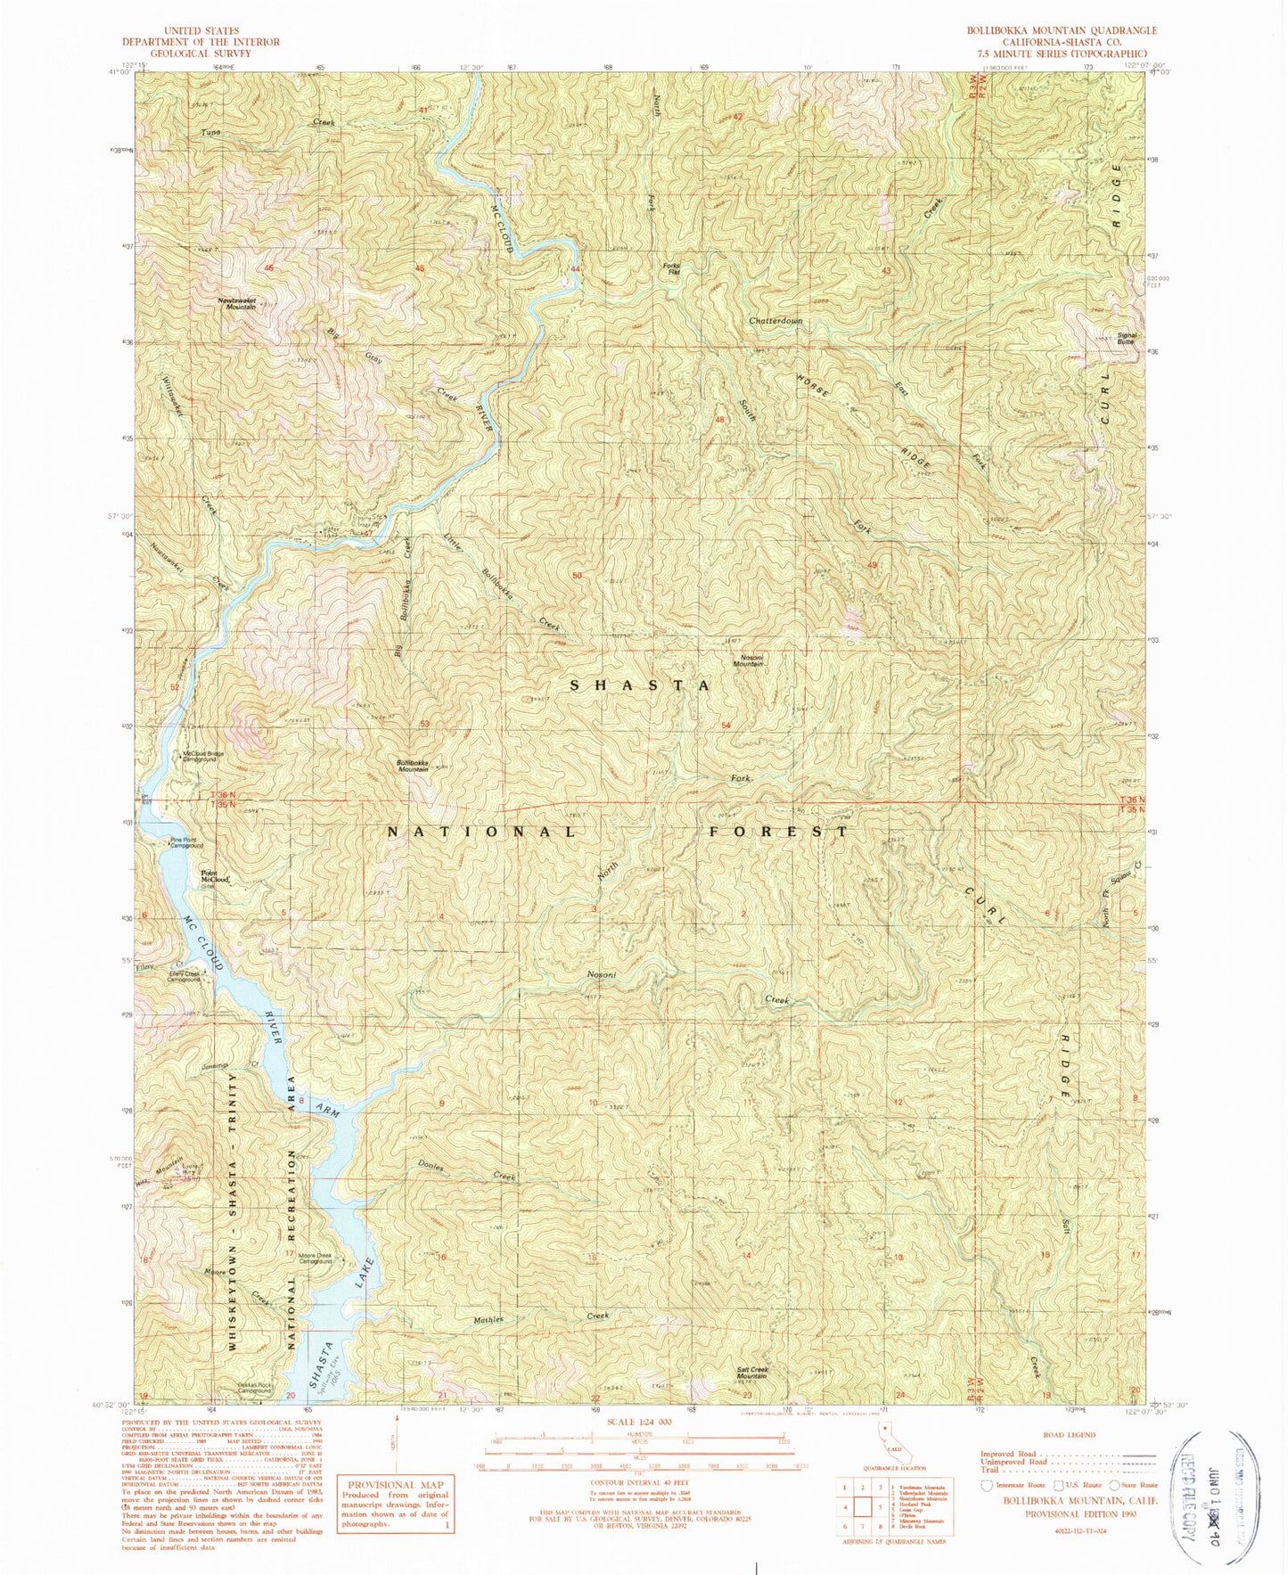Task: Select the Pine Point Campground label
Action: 187,842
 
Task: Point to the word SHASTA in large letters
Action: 640,685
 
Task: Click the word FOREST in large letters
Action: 778,832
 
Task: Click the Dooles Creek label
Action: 465,1170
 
